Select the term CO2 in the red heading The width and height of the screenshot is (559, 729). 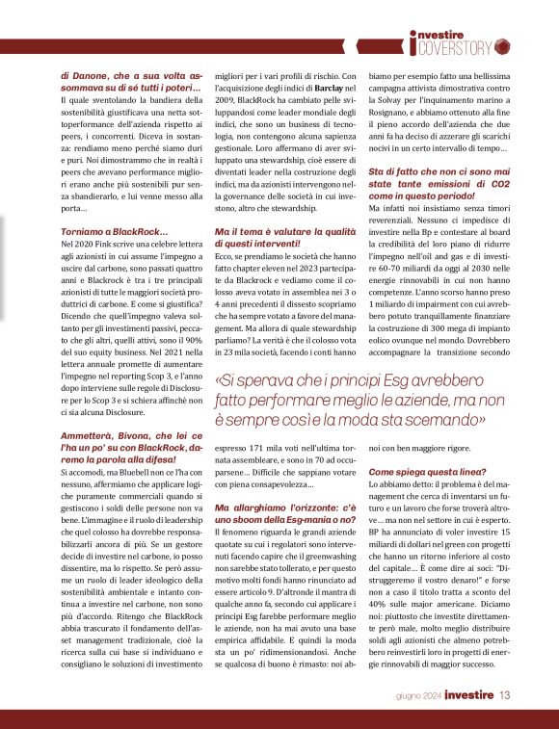click(x=504, y=184)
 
